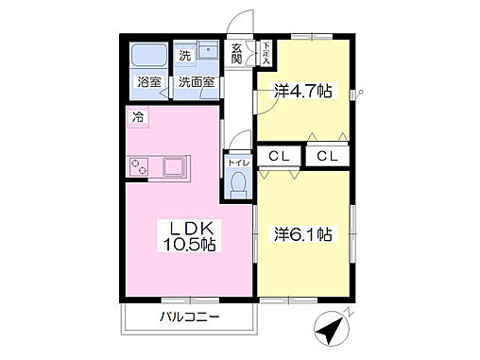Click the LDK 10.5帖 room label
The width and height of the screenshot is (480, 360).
pyautogui.click(x=195, y=235)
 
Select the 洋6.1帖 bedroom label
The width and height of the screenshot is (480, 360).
pyautogui.click(x=303, y=232)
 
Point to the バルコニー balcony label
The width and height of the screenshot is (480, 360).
pyautogui.click(x=189, y=317)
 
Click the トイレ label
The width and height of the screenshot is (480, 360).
pyautogui.click(x=236, y=162)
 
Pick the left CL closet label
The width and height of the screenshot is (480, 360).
pyautogui.click(x=278, y=155)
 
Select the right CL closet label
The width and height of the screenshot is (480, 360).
pyautogui.click(x=328, y=155)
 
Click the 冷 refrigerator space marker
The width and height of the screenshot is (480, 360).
pyautogui.click(x=138, y=118)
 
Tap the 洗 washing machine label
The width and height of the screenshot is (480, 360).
pyautogui.click(x=185, y=56)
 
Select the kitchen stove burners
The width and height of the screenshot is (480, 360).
pyautogui.click(x=140, y=167)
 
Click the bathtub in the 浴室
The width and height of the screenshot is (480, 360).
pyautogui.click(x=147, y=54)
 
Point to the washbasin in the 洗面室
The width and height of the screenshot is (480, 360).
pyautogui.click(x=209, y=55)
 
